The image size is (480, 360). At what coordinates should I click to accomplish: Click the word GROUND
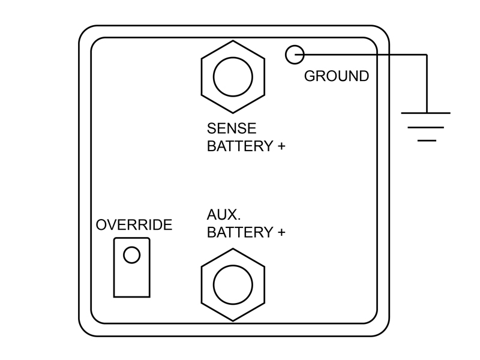pos(337,76)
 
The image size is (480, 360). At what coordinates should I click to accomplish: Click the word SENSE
pos(232,128)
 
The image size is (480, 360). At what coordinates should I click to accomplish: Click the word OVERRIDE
pos(134,224)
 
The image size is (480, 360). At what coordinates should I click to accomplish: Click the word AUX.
pos(224,215)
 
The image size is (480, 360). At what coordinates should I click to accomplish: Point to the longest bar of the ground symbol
pos(426,113)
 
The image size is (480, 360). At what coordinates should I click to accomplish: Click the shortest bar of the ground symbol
pos(427,140)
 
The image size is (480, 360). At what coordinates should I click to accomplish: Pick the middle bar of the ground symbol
pos(426,127)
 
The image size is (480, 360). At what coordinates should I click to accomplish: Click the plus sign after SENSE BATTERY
pos(281,146)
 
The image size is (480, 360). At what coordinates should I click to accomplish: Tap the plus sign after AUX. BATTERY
pos(281,232)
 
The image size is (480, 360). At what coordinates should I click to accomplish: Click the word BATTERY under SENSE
pos(239,146)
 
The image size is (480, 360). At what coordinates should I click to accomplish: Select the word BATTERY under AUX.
pos(239,232)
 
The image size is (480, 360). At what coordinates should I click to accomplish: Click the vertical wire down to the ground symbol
pos(427,84)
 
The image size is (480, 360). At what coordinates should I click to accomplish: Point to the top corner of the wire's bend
pos(427,55)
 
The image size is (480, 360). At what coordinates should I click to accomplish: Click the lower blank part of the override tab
pos(131,281)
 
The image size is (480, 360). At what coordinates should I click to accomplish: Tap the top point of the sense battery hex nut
pos(233,40)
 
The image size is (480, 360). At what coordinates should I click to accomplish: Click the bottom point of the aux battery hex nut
pos(233,321)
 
